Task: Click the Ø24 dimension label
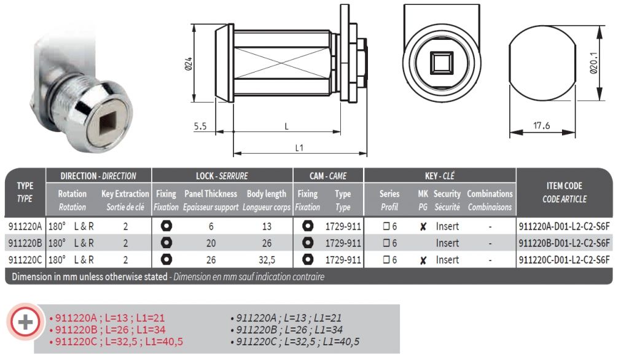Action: click(188, 64)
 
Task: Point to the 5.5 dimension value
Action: click(200, 127)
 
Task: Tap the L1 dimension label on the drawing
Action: click(299, 147)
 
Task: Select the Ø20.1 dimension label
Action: click(593, 63)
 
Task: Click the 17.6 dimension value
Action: click(541, 125)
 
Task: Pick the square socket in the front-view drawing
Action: click(441, 63)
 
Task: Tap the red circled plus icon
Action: click(25, 322)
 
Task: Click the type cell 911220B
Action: click(25, 243)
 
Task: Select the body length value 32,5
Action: click(267, 260)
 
